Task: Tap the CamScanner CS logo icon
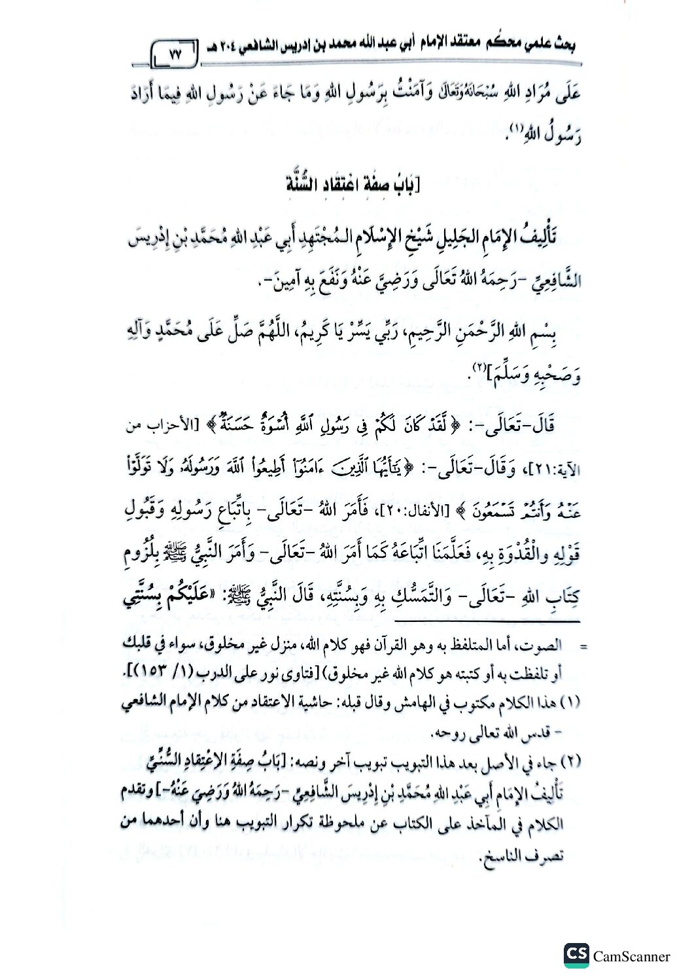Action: pos(576,954)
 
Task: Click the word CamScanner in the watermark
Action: pos(631,956)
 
